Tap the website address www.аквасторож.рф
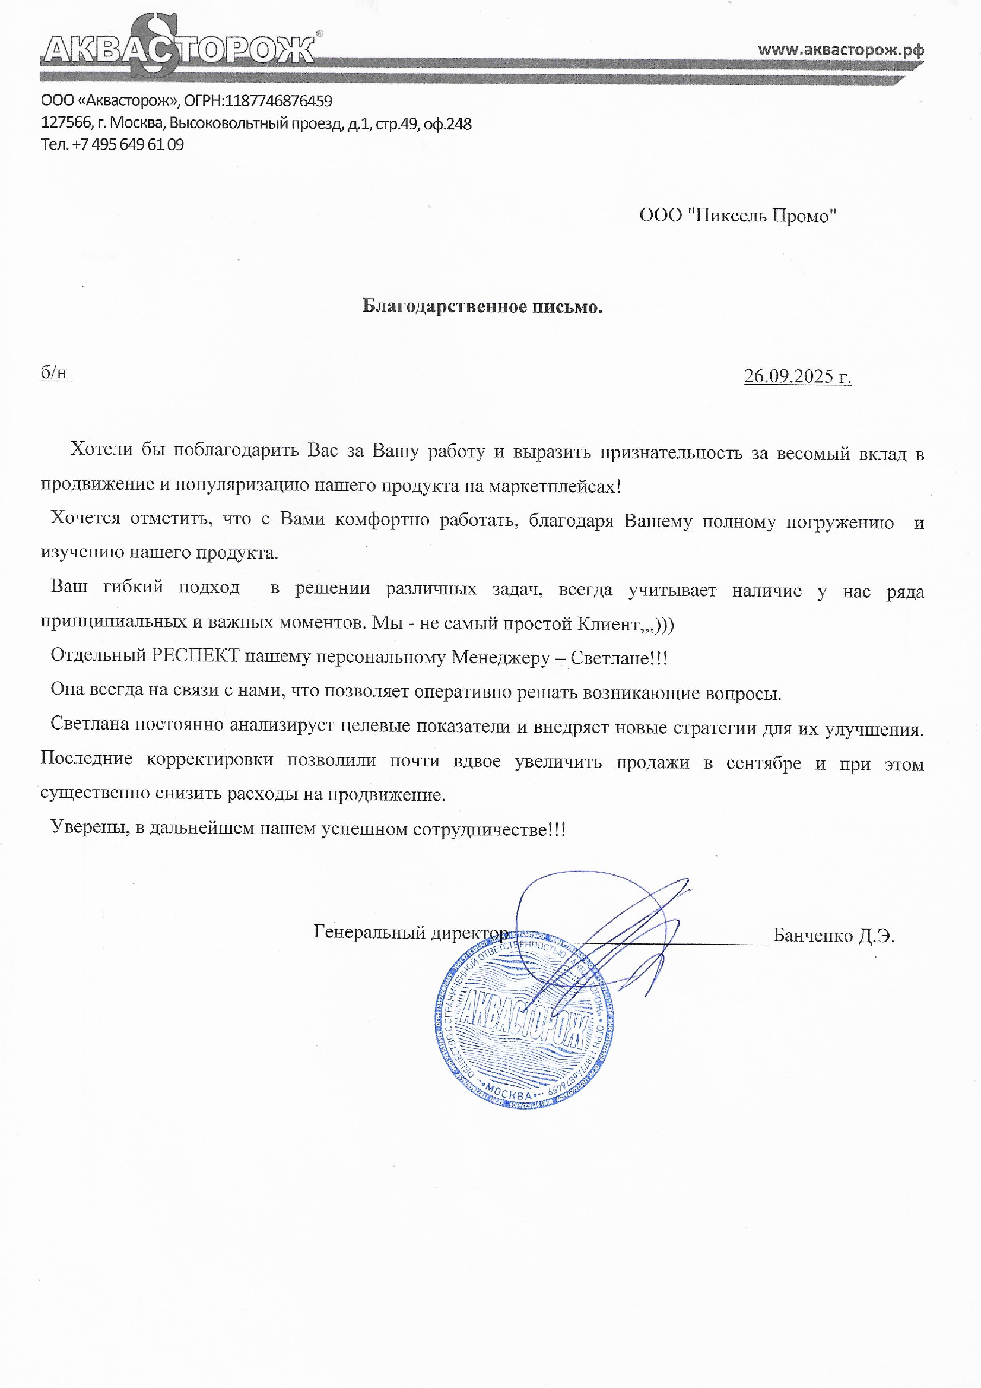tap(840, 50)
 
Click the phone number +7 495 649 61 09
tap(128, 144)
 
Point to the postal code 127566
tap(65, 123)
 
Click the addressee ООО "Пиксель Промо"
tap(738, 216)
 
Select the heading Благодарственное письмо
tap(482, 306)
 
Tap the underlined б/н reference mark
tap(55, 373)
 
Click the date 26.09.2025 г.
tap(796, 376)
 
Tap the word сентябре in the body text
tap(763, 763)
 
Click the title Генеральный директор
tap(411, 933)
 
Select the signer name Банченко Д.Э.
tap(833, 936)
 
